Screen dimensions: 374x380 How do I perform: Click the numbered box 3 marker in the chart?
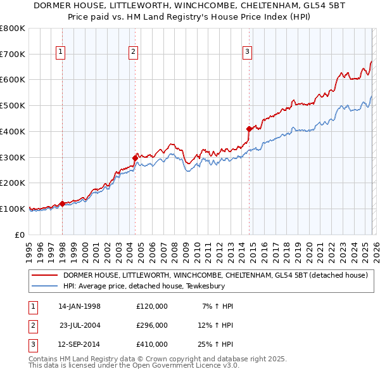[248, 53]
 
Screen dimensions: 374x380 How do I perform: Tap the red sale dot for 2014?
[249, 129]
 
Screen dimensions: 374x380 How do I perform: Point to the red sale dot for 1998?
[62, 203]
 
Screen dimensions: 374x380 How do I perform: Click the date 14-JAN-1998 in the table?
[79, 306]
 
